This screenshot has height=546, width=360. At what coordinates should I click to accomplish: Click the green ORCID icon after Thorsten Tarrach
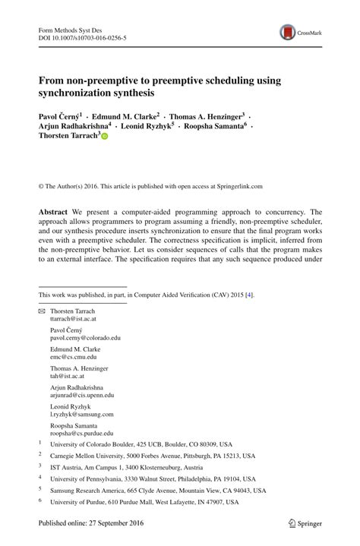tap(105, 136)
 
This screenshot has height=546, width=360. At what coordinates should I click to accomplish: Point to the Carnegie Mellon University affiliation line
tap(153, 456)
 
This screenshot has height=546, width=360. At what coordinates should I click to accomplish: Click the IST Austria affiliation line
tap(126, 468)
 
